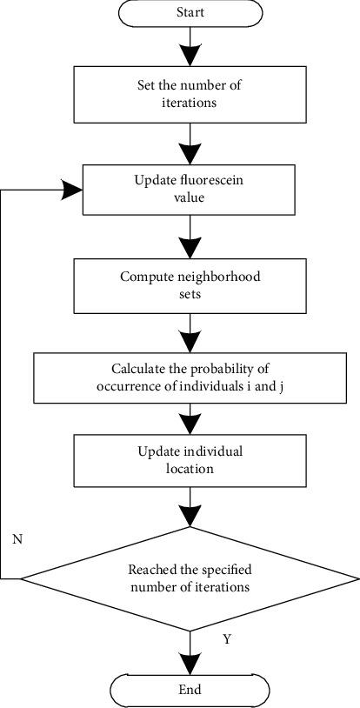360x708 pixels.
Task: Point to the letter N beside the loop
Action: click(x=17, y=538)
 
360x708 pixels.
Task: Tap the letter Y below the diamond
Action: click(x=227, y=638)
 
